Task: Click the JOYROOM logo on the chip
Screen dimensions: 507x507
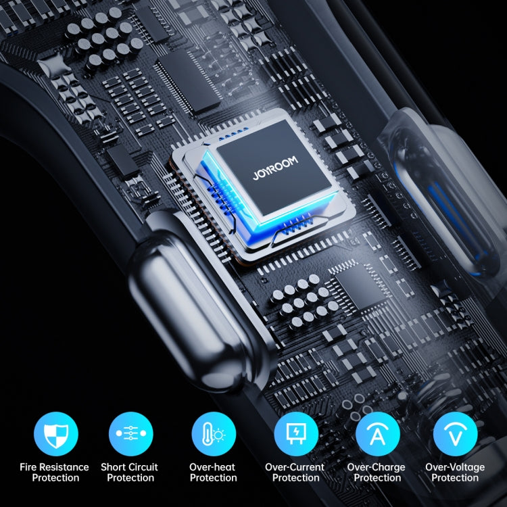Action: (275, 168)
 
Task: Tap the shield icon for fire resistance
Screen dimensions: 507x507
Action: (56, 433)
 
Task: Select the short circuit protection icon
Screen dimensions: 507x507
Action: (131, 433)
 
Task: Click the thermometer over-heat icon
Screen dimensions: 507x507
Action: (214, 433)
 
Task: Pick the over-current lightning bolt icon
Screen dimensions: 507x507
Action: (296, 433)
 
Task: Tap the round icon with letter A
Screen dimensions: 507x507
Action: (378, 433)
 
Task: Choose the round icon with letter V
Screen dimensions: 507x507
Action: (455, 433)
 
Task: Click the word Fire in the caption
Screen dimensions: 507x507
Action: (28, 467)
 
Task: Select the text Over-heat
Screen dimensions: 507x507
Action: (212, 467)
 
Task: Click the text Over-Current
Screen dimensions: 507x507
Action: (295, 467)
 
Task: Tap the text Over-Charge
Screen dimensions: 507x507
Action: (376, 468)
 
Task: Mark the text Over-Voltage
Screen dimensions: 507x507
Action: (455, 468)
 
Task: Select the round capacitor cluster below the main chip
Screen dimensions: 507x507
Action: (304, 302)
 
